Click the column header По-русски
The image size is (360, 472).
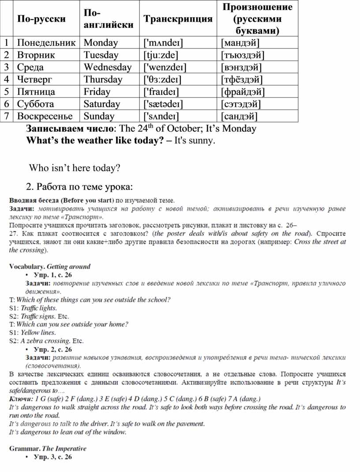click(x=41, y=19)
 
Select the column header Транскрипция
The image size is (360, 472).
click(x=178, y=19)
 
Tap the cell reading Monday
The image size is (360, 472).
click(x=101, y=43)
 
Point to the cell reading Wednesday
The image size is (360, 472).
click(x=108, y=67)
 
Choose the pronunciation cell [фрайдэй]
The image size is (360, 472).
click(x=243, y=92)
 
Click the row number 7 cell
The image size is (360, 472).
click(x=7, y=116)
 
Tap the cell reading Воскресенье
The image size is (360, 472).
click(x=45, y=116)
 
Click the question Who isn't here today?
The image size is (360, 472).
click(x=75, y=169)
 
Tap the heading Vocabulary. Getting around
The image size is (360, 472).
click(x=49, y=266)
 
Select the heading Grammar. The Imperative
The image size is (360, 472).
click(x=48, y=449)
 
